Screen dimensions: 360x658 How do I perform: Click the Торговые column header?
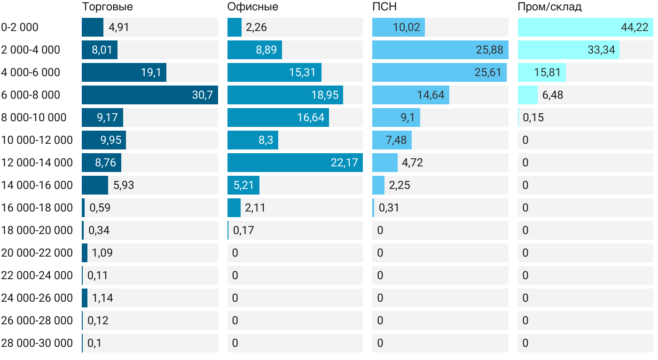point(107,7)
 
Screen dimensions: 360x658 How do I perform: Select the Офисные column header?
point(252,7)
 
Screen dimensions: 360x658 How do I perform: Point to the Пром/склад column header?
point(549,7)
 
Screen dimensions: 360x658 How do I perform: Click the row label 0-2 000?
point(20,27)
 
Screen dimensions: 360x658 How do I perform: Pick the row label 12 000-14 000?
point(37,163)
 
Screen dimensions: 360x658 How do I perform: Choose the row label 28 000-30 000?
point(37,343)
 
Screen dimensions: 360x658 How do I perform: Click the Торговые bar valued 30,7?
point(149,95)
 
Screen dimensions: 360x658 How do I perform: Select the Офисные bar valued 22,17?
point(295,163)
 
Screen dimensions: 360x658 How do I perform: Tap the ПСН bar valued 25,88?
point(440,50)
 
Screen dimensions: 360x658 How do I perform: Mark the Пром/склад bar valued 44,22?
point(585,27)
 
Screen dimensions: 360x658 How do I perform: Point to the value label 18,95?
point(325,95)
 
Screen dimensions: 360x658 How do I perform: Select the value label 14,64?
point(431,95)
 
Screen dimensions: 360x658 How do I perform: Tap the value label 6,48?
point(553,95)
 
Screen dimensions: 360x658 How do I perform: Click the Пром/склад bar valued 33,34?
point(568,50)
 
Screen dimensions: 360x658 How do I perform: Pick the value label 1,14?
point(102,298)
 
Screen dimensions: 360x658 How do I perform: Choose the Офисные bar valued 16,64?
point(278,117)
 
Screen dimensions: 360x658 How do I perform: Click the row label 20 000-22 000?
point(37,253)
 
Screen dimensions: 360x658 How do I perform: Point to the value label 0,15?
point(533,117)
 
